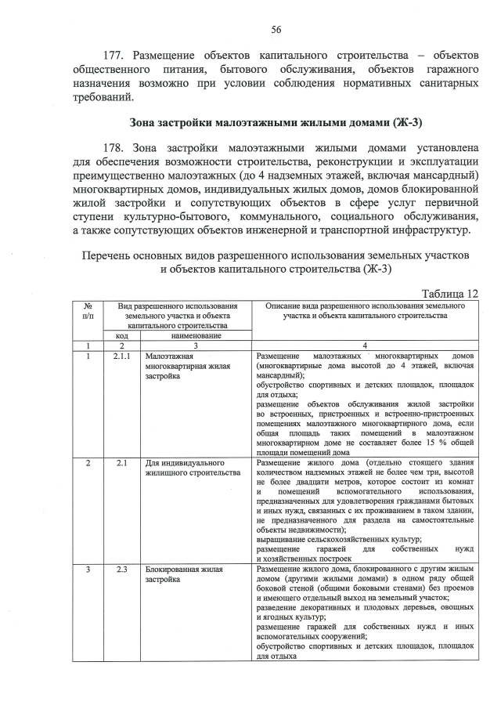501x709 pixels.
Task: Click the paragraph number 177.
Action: tap(115, 56)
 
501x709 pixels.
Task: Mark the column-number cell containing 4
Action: tap(364, 345)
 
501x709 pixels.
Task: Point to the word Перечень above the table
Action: tap(109, 256)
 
